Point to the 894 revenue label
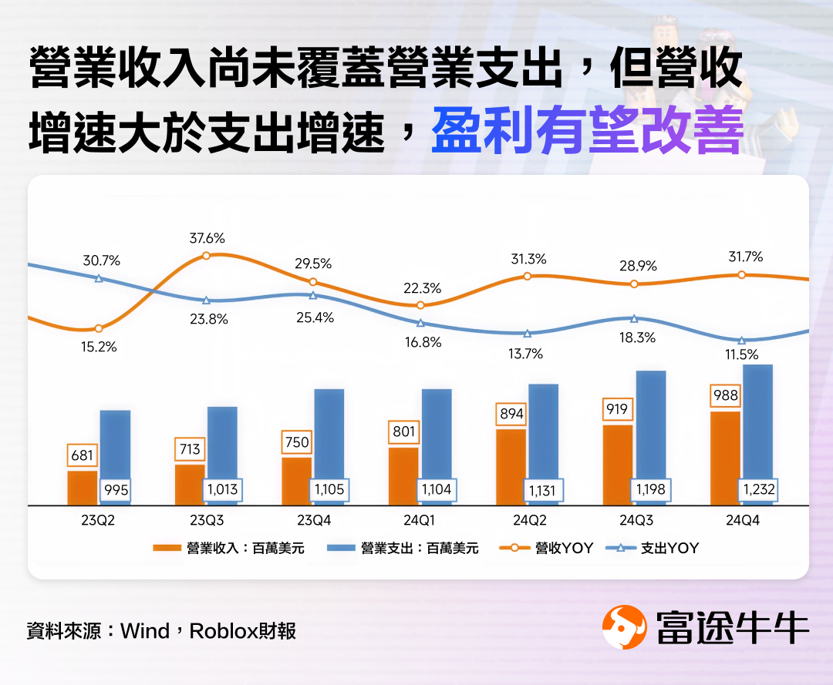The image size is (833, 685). (x=511, y=414)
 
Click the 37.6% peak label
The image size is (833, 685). (x=207, y=238)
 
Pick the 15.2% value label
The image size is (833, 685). (x=99, y=347)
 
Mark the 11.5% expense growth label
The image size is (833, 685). (x=741, y=355)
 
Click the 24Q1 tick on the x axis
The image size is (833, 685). (x=420, y=520)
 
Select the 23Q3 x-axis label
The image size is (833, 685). (x=207, y=520)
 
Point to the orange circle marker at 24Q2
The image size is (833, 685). (x=528, y=275)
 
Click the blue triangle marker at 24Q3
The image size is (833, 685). (x=634, y=318)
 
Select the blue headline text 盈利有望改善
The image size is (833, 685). (x=587, y=131)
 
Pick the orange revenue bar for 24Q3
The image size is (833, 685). (x=618, y=466)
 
